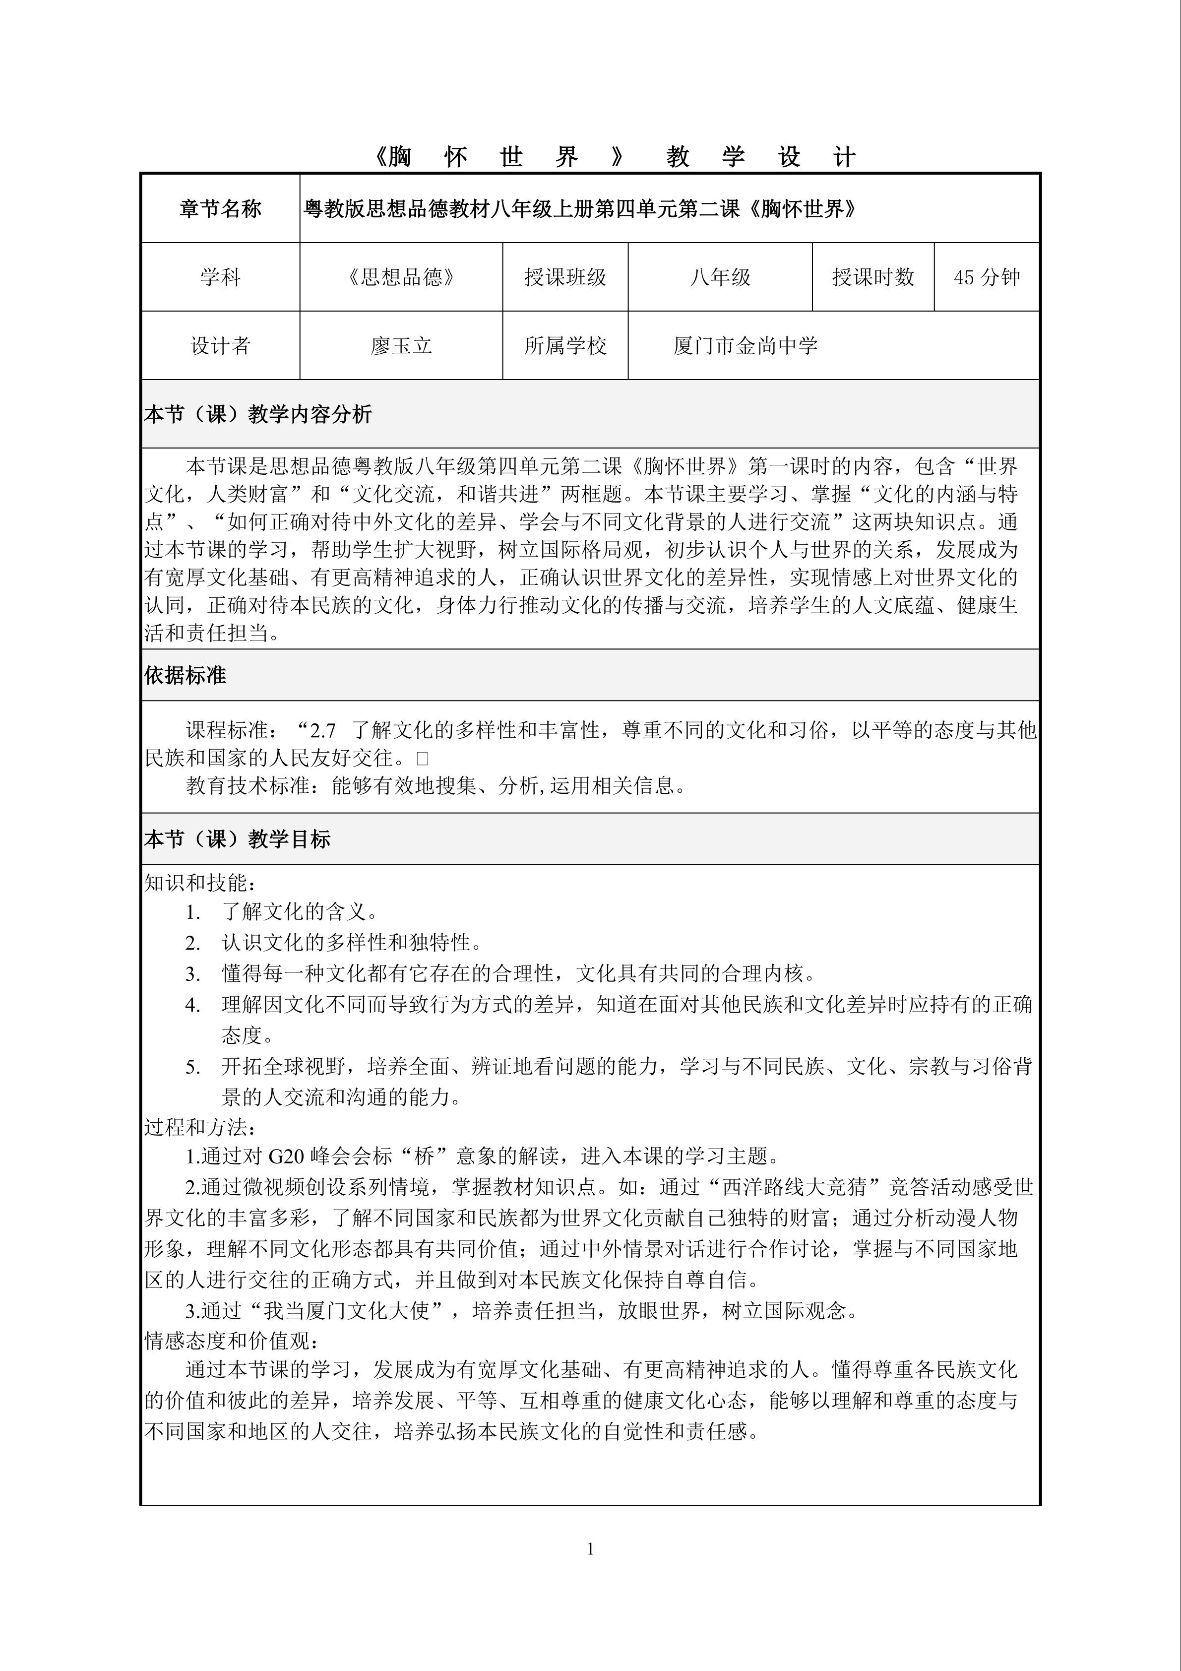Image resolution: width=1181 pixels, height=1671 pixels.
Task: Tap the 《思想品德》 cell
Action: tap(401, 277)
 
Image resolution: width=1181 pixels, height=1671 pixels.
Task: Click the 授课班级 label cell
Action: tap(565, 277)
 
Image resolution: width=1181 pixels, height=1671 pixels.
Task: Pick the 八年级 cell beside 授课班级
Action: tap(720, 277)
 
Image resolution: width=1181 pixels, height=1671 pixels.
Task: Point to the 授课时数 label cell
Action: tap(873, 277)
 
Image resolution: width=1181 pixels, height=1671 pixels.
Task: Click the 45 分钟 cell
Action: tap(987, 277)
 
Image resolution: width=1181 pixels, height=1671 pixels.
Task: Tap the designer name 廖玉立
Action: tap(401, 346)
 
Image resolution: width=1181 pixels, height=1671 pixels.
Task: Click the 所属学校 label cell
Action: tap(565, 346)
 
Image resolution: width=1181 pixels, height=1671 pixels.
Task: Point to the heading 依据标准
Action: tap(185, 675)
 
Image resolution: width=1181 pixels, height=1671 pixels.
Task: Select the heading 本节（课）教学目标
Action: tap(237, 839)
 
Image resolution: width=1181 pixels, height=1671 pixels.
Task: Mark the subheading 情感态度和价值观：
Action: tap(232, 1341)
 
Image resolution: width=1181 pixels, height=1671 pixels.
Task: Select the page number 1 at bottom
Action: tap(590, 1549)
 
